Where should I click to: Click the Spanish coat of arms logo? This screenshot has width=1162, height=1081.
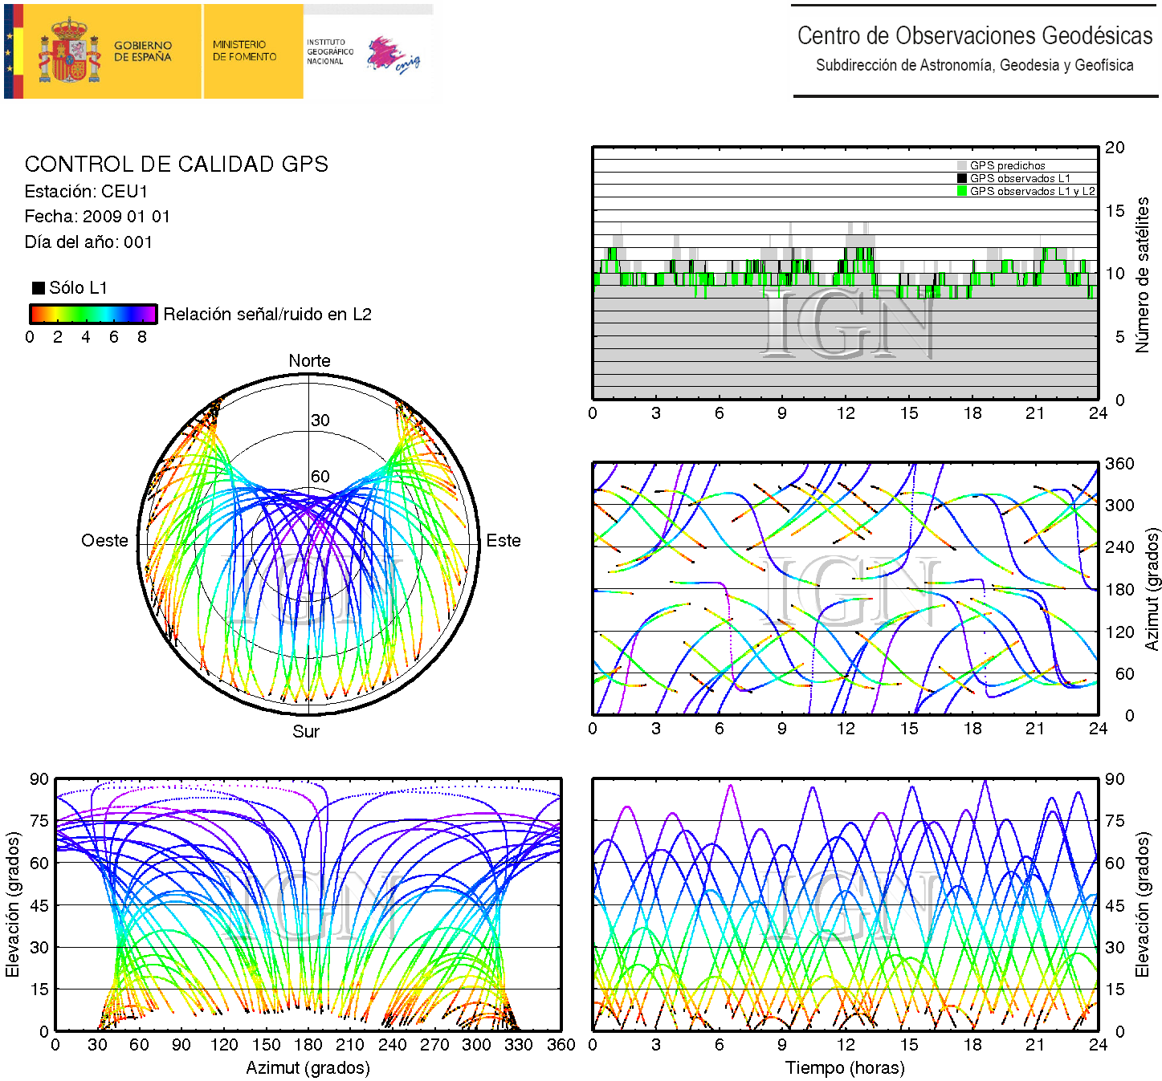[71, 52]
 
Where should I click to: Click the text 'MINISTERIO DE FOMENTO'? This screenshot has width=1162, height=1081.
[244, 51]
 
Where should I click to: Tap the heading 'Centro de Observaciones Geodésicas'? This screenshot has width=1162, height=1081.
[974, 36]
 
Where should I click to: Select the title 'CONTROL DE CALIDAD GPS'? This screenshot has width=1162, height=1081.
[177, 165]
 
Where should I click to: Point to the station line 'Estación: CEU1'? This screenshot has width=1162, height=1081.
[86, 192]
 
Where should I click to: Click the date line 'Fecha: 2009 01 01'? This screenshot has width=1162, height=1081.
[97, 217]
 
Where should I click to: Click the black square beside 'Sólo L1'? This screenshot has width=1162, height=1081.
[38, 288]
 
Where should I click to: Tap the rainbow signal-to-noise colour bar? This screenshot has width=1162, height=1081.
[93, 314]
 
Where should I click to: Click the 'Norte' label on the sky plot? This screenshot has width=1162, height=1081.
[309, 361]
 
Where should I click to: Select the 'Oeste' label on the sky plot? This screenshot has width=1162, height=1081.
[104, 541]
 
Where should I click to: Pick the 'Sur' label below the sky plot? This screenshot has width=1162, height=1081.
[306, 731]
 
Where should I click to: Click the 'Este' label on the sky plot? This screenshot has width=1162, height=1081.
[504, 541]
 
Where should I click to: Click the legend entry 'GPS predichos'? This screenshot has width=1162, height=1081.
[1007, 166]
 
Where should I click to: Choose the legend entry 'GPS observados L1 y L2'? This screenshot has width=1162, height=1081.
[1031, 191]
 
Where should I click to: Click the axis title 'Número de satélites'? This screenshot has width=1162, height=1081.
[1142, 274]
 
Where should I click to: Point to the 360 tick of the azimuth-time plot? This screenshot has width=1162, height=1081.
[1119, 464]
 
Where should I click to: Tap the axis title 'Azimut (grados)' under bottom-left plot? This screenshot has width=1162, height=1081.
[308, 1068]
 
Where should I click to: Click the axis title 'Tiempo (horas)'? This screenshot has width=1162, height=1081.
[845, 1068]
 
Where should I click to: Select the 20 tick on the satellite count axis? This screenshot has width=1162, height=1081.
[1115, 148]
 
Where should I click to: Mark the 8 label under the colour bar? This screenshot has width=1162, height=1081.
[142, 337]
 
